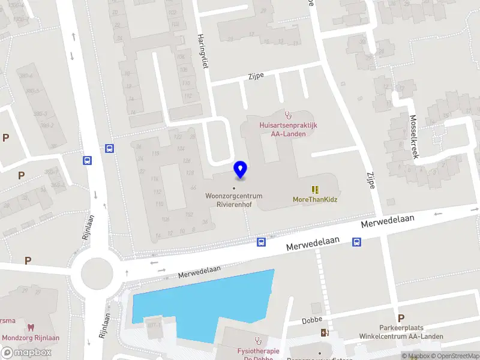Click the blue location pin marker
241,169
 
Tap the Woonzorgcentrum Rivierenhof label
233,200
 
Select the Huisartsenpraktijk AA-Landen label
288,129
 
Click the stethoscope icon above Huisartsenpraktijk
288,114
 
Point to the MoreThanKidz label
315,200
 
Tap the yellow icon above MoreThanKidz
315,190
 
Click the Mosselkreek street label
414,136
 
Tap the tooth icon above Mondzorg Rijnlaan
30,328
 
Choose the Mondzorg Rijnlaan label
30,338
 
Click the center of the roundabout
97,273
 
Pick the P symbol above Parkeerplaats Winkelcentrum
401,318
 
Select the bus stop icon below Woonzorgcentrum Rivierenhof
261,242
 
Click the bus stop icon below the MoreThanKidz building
356,242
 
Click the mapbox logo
26,353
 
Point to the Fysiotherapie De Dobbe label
258,354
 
